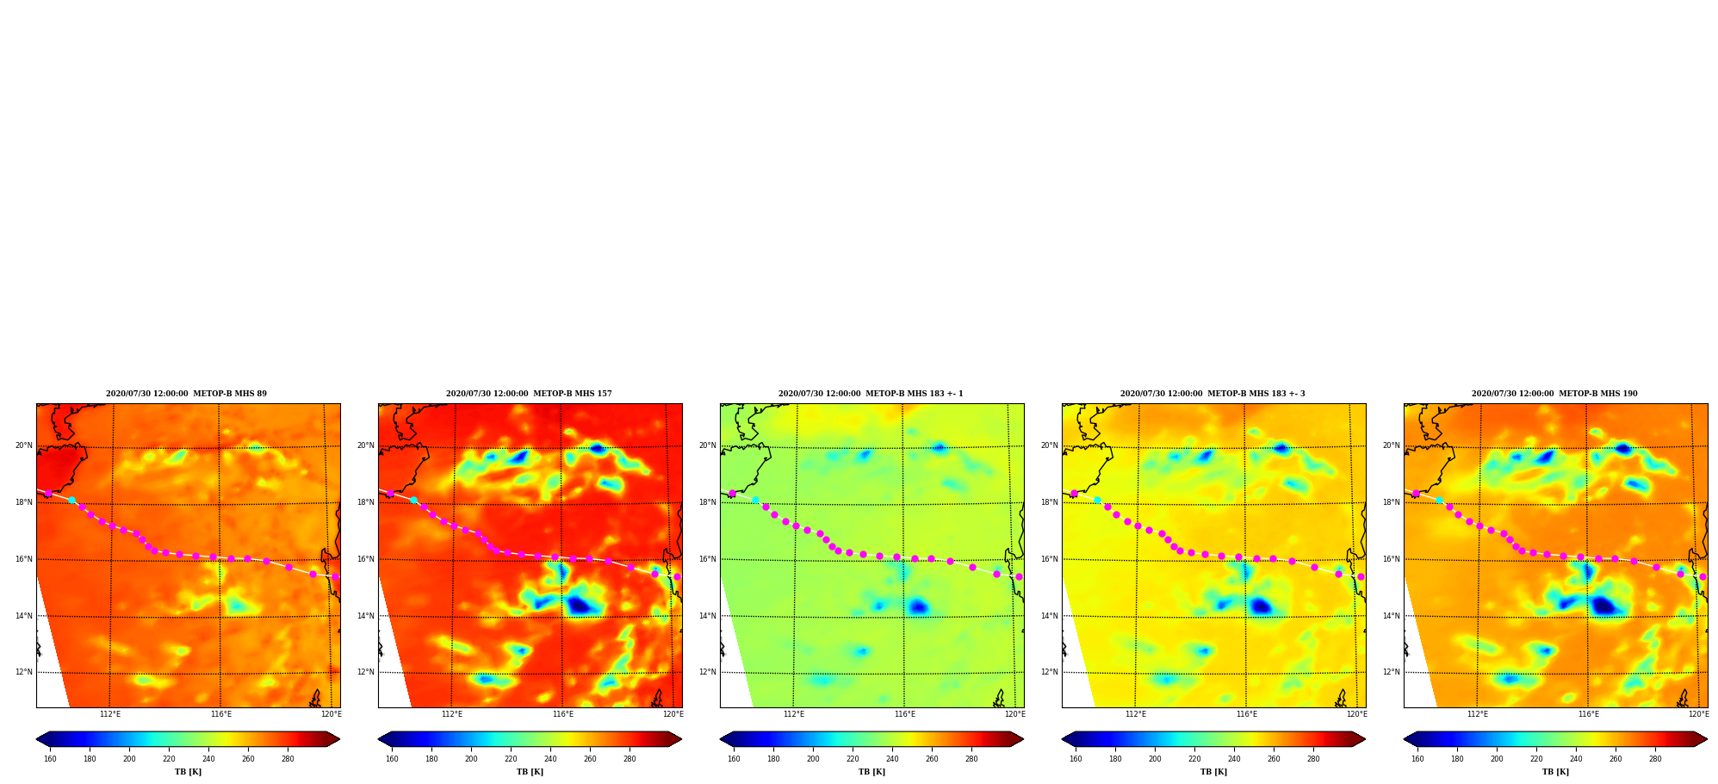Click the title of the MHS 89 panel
[x=186, y=394]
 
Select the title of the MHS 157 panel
[x=529, y=394]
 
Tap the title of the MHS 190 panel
[x=1554, y=394]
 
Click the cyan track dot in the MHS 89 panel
[x=71, y=500]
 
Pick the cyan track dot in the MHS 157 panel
[x=413, y=500]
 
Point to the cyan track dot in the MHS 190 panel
[x=1439, y=500]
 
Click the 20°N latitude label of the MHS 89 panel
[x=24, y=445]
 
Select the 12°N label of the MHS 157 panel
[x=366, y=672]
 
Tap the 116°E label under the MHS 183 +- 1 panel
[x=904, y=714]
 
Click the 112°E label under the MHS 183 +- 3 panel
[x=1136, y=714]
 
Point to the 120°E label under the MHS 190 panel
[x=1698, y=714]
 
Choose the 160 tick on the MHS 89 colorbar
[x=50, y=759]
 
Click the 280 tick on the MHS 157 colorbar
[x=630, y=759]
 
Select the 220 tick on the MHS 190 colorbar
[x=1536, y=759]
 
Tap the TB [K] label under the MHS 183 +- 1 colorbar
[x=871, y=772]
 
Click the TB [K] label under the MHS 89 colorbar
[x=188, y=772]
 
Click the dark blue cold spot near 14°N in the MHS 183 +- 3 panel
[x=1262, y=607]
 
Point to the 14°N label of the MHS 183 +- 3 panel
[x=1050, y=616]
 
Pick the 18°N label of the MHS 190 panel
[x=1392, y=502]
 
